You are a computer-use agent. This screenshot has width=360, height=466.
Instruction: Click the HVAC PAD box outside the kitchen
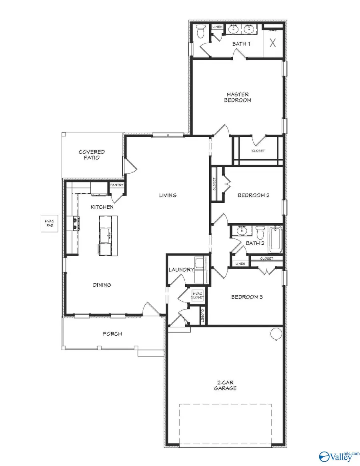click(x=48, y=224)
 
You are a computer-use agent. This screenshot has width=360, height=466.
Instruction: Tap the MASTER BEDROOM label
click(x=238, y=98)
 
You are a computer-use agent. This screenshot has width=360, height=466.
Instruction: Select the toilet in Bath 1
click(x=201, y=31)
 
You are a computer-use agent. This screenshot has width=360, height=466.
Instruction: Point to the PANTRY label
click(x=117, y=185)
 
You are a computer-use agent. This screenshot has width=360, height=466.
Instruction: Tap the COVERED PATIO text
click(x=92, y=155)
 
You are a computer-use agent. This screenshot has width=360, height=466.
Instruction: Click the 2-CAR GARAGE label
click(x=225, y=385)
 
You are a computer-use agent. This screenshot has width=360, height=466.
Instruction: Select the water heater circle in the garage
click(x=276, y=333)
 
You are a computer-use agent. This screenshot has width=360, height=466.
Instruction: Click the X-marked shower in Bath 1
click(x=273, y=43)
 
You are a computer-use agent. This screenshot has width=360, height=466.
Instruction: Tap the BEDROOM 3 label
click(x=247, y=297)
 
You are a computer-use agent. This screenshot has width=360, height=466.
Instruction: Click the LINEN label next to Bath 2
click(x=240, y=264)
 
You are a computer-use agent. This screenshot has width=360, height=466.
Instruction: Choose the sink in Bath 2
click(x=241, y=230)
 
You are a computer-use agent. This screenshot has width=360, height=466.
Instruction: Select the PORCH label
click(x=112, y=334)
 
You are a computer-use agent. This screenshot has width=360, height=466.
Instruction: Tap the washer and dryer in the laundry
click(x=199, y=265)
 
